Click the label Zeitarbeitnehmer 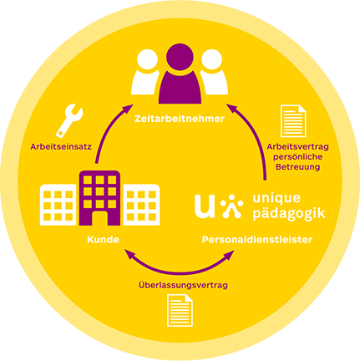click(x=180, y=119)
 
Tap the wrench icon click(x=68, y=121)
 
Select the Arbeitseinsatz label click(x=61, y=146)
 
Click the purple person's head click(x=180, y=57)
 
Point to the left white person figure click(x=145, y=73)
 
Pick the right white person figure click(x=214, y=73)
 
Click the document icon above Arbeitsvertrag click(x=293, y=121)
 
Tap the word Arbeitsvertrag click(x=297, y=146)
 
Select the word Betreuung click(x=297, y=167)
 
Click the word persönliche click(x=297, y=157)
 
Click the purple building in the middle click(x=99, y=198)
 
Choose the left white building click(x=59, y=205)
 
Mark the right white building click(x=141, y=205)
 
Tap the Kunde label click(x=103, y=240)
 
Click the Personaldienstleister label click(x=257, y=240)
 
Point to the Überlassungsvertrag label click(x=183, y=285)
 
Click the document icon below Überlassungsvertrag click(x=180, y=310)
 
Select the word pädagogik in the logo click(x=289, y=213)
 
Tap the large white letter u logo click(x=205, y=206)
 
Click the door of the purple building click(x=99, y=218)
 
